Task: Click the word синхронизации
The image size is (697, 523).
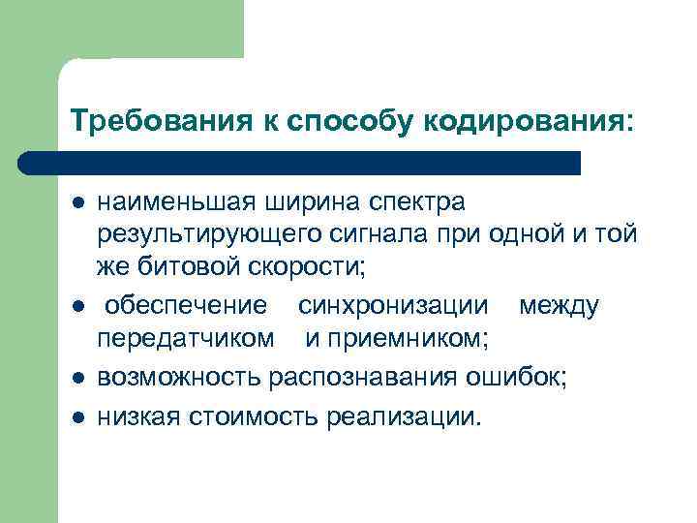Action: point(393,307)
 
